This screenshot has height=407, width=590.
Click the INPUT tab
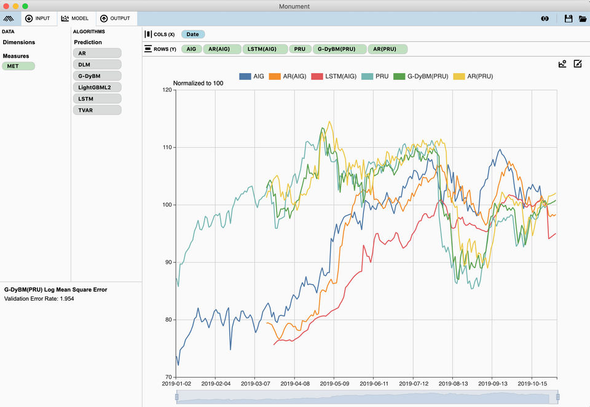click(x=37, y=18)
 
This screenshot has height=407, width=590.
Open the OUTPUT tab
click(x=115, y=18)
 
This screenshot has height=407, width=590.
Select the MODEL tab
click(x=75, y=18)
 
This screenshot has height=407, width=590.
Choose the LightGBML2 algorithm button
click(x=97, y=87)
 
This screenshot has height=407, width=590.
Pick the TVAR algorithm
click(x=97, y=110)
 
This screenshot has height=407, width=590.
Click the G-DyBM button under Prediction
click(x=97, y=76)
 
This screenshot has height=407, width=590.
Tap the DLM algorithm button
click(x=97, y=65)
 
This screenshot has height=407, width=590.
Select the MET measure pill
click(x=18, y=66)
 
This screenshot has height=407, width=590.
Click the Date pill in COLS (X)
click(x=192, y=34)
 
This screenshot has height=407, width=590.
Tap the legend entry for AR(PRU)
click(x=473, y=76)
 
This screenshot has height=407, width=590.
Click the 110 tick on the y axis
click(x=167, y=148)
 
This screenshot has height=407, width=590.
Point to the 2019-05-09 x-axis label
click(x=334, y=384)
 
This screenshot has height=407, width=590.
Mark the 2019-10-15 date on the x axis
click(x=532, y=384)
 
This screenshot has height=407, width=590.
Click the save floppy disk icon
click(x=568, y=18)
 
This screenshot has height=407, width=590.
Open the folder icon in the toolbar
click(x=583, y=18)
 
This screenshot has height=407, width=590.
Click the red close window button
click(x=6, y=6)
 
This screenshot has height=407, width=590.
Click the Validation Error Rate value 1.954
click(x=67, y=299)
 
